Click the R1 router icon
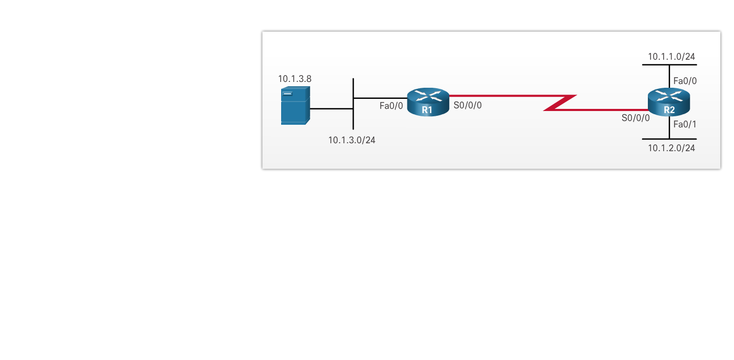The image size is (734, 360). tap(428, 101)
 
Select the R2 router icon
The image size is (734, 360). tap(669, 101)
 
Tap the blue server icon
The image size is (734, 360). tap(295, 106)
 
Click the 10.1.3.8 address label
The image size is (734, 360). tap(295, 79)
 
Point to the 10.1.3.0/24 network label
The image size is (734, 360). tap(351, 140)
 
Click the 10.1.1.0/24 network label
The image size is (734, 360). tap(671, 57)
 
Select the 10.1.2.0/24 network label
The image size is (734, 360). tap(671, 148)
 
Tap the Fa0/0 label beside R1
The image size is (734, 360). tap(391, 106)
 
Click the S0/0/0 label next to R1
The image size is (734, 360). tap(468, 105)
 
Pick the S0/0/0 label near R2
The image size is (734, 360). tap(635, 118)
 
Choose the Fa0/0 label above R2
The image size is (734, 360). tap(685, 81)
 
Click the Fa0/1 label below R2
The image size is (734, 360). tap(685, 125)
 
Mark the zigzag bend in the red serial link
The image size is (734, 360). tap(560, 103)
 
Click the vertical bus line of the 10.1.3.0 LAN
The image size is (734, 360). tap(353, 119)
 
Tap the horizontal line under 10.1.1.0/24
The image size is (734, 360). tap(655, 65)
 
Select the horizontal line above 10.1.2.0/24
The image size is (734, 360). tap(655, 139)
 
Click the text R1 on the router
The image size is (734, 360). tap(427, 110)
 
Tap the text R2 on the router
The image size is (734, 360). tap(669, 110)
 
